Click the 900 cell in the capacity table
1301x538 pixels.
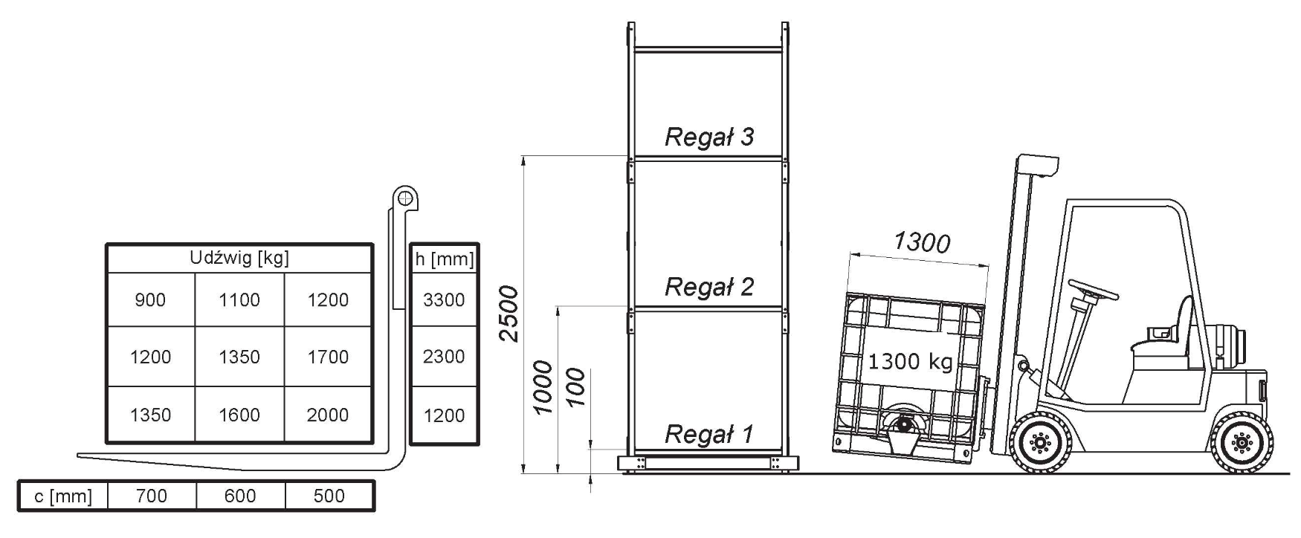click(150, 300)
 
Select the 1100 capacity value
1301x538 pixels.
click(239, 300)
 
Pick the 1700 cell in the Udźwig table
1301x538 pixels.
click(328, 357)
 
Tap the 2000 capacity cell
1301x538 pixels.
click(328, 415)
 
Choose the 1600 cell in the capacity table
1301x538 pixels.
click(239, 415)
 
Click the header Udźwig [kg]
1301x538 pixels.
click(239, 258)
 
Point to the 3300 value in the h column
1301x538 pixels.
click(444, 300)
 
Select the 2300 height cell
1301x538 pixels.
click(444, 357)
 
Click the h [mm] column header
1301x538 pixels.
click(445, 259)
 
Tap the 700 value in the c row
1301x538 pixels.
click(152, 496)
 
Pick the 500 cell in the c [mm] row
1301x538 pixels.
click(329, 496)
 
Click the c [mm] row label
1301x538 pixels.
click(63, 496)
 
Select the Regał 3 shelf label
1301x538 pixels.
click(709, 137)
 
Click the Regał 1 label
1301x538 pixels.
click(709, 434)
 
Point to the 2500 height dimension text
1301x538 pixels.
click(509, 313)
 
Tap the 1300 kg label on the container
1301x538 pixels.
click(911, 362)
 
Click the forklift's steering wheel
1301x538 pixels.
click(1094, 290)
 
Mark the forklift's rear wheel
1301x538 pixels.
click(1241, 444)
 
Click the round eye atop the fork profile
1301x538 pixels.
click(404, 198)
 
